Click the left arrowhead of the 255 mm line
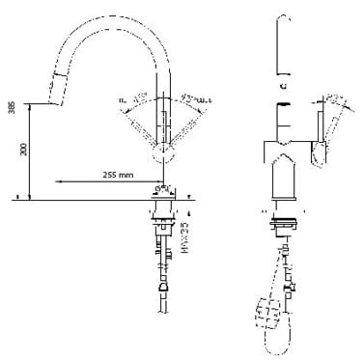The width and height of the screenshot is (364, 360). click(x=59, y=180)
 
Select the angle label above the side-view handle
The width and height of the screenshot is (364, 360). click(x=332, y=97)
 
